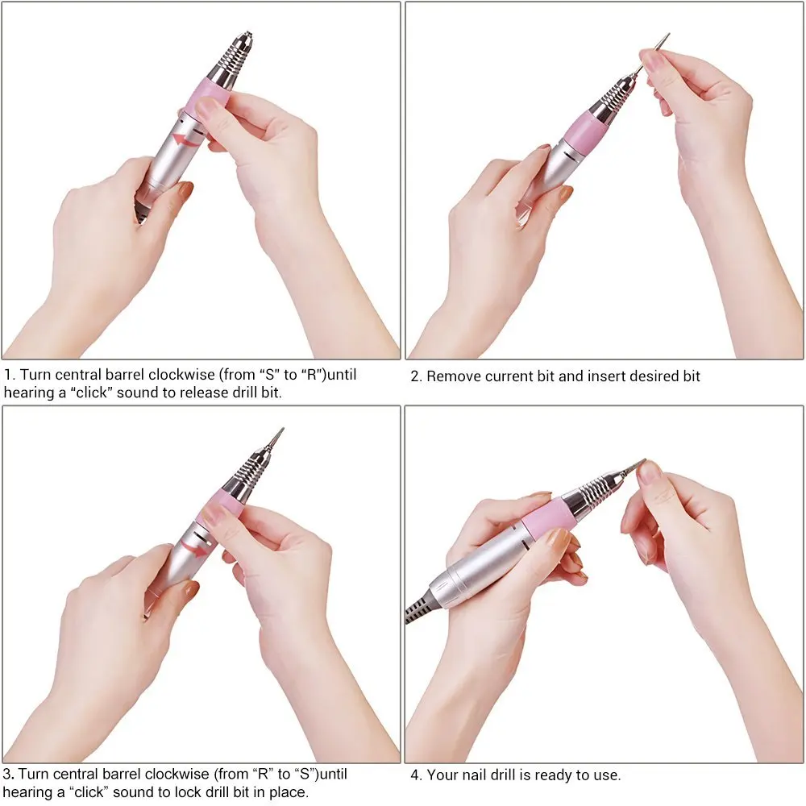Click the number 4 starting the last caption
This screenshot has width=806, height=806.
(415, 775)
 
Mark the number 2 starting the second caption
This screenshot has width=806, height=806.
(415, 376)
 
